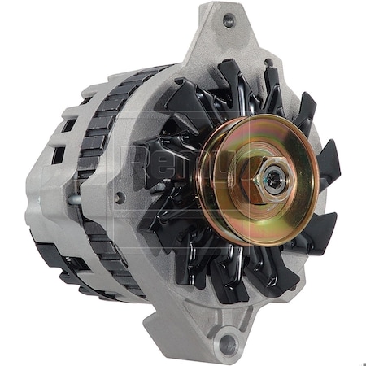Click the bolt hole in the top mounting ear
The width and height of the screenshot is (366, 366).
coord(229,22)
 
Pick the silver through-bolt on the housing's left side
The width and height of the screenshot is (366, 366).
coord(74,198)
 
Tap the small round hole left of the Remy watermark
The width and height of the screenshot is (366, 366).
coord(121,197)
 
